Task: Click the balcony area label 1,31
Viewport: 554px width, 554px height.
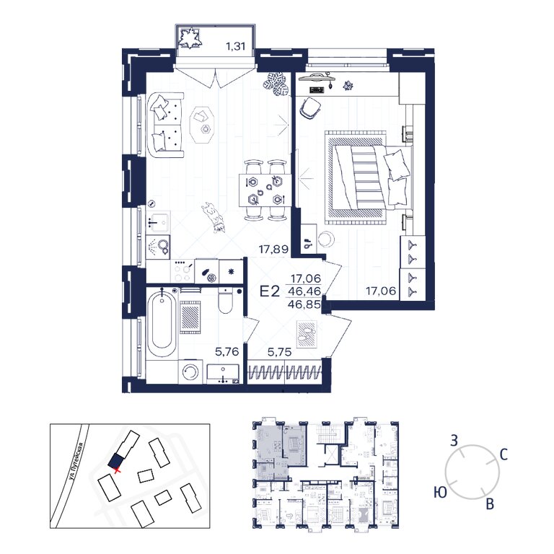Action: point(235,46)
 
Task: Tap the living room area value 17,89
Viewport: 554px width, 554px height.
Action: point(274,250)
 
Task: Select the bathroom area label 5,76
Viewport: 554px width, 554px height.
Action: point(227,352)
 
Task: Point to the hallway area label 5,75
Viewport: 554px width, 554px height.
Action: point(279,352)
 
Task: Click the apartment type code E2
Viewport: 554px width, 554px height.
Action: point(270,291)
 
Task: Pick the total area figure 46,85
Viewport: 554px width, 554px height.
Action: point(304,304)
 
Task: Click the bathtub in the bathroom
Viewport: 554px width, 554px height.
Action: point(161,323)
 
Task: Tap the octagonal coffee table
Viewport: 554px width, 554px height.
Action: point(202,124)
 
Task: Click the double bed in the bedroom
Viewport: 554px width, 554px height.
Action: point(369,177)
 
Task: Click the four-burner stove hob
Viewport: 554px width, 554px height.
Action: point(183,271)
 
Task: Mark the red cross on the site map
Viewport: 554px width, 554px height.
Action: point(118,469)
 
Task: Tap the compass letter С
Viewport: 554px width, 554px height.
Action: point(504,454)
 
